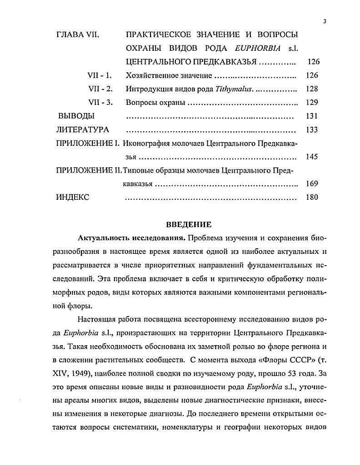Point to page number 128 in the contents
(x=312, y=89)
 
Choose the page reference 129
(x=312, y=103)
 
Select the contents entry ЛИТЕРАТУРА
(x=82, y=130)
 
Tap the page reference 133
(x=312, y=130)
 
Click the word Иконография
(x=147, y=143)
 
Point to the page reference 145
(x=312, y=157)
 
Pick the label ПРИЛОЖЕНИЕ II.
(x=89, y=171)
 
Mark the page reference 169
(x=312, y=184)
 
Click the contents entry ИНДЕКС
(x=73, y=198)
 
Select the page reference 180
(x=312, y=198)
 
